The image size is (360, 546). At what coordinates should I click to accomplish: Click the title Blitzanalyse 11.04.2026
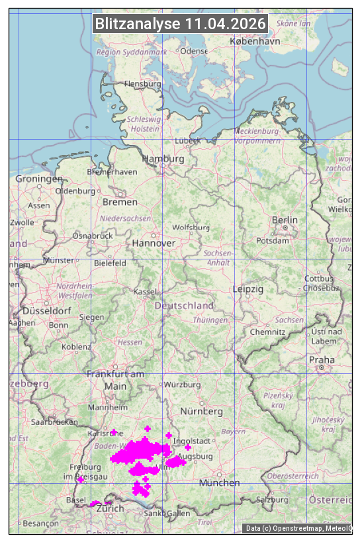(180, 24)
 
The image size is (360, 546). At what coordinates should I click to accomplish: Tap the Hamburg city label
(163, 159)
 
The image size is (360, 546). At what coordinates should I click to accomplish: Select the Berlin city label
(285, 220)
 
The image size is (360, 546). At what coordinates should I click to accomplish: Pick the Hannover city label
(154, 243)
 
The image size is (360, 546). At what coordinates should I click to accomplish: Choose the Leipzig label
(248, 289)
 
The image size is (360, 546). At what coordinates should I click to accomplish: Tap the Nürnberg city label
(201, 411)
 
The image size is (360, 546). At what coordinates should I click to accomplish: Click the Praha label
(322, 360)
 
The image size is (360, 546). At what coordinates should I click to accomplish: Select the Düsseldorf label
(46, 310)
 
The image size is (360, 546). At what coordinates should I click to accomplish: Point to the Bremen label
(120, 202)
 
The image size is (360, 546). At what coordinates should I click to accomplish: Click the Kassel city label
(144, 292)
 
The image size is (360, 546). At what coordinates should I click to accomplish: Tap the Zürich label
(110, 508)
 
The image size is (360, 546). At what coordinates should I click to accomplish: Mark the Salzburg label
(273, 500)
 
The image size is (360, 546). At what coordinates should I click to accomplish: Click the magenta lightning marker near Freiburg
(81, 479)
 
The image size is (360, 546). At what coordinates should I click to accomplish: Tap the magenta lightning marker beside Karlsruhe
(114, 432)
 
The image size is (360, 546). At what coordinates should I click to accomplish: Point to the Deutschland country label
(184, 306)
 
